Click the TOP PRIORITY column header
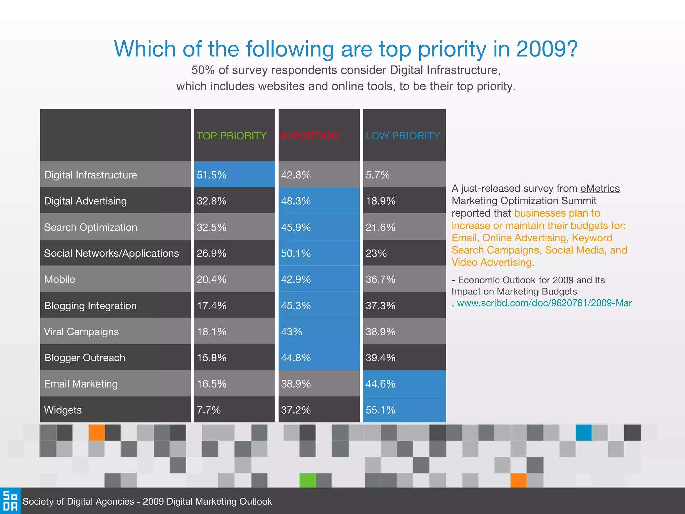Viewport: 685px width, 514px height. (231, 136)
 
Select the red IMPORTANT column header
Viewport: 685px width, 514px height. (310, 136)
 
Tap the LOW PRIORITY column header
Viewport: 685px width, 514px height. (403, 136)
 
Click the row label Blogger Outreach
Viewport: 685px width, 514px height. (85, 358)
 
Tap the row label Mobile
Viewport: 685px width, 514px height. (60, 279)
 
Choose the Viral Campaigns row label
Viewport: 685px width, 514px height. (82, 332)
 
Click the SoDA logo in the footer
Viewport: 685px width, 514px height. (10, 501)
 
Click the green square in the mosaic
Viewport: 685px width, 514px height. (307, 480)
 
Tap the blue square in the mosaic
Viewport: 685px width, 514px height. (584, 432)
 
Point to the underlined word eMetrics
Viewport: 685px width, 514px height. (600, 188)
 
